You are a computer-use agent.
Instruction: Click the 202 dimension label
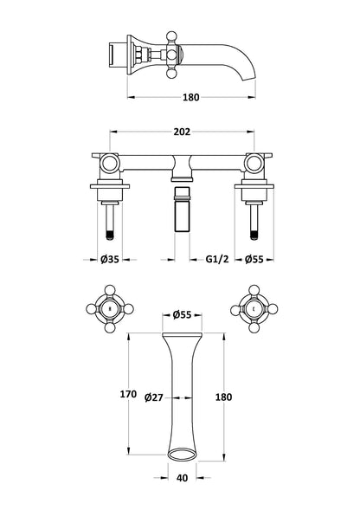tap(181, 132)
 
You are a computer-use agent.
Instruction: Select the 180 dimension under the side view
tap(192, 97)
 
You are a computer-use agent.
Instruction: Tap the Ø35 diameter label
tap(109, 258)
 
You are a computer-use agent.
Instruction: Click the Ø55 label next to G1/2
tap(254, 258)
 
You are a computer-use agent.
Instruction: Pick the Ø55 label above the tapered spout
tap(182, 315)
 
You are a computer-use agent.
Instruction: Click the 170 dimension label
tap(128, 394)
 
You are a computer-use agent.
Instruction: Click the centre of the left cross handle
tap(109, 308)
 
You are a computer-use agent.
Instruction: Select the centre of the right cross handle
tap(253, 308)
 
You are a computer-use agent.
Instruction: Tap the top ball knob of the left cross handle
tap(109, 287)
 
